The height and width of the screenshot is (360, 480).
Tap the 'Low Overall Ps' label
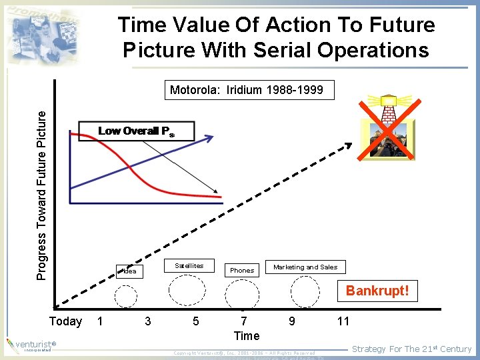coord(136,131)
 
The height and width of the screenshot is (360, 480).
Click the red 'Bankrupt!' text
coord(377,291)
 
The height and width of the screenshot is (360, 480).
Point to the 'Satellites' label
coord(189,265)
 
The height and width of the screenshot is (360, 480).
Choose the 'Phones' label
coord(241,270)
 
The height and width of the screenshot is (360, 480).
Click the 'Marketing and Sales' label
coord(305,267)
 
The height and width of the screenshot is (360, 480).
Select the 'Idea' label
coord(129,271)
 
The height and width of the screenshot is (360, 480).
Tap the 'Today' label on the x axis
coord(66,321)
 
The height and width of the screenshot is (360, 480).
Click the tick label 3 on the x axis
coord(147,321)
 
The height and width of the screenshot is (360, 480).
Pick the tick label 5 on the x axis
coord(195,321)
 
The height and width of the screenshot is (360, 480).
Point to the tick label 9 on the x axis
coord(291,321)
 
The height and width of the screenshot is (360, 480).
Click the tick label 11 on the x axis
coord(343,321)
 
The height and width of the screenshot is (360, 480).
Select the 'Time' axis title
coord(247,335)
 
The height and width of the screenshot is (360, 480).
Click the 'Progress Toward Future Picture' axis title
coord(42,185)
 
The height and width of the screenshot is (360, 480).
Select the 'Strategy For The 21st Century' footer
coord(411,349)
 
